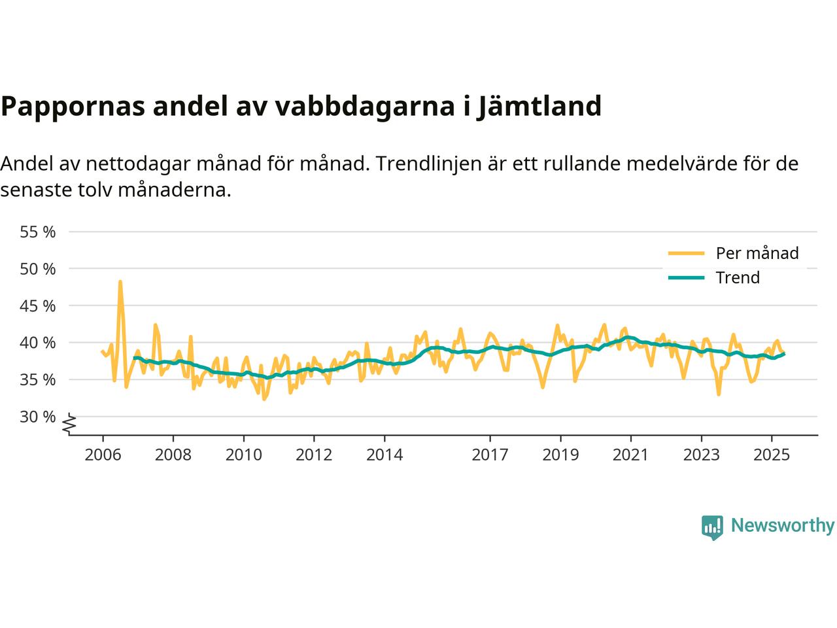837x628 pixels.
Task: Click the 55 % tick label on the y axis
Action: click(38, 232)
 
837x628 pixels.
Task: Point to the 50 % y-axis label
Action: click(38, 269)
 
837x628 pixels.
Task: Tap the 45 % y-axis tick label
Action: click(38, 306)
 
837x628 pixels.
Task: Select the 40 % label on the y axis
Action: click(38, 343)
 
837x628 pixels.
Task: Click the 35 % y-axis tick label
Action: click(38, 380)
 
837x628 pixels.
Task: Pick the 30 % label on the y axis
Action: click(38, 417)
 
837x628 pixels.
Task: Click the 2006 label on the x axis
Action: click(103, 454)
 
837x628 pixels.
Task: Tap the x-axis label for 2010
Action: click(243, 454)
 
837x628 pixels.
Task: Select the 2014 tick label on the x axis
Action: click(384, 454)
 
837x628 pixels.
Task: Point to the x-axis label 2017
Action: click(490, 454)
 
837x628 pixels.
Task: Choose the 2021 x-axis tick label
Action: click(631, 454)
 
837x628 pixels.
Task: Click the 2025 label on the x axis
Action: click(772, 454)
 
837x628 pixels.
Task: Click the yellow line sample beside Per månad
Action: click(686, 253)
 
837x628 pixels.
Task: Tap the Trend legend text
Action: click(738, 278)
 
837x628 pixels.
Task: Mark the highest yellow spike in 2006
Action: click(120, 282)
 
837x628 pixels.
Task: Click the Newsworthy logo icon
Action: click(712, 527)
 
